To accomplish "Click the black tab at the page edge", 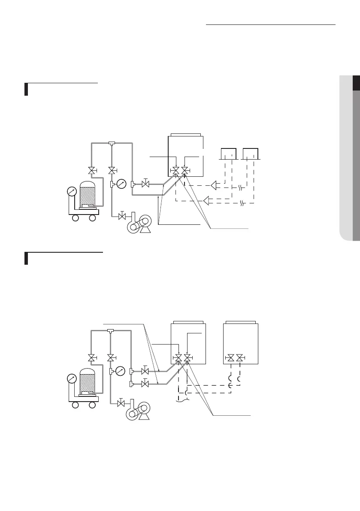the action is pyautogui.click(x=356, y=83).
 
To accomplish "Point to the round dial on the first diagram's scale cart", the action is pyautogui.click(x=72, y=191).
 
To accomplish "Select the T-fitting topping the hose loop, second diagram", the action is pyautogui.click(x=111, y=330).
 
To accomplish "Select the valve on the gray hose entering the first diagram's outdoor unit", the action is pyautogui.click(x=145, y=184).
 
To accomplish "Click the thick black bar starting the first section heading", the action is pyautogui.click(x=26, y=90).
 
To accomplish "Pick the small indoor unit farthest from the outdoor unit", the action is pyautogui.click(x=250, y=154).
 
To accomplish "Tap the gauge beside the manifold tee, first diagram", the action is pyautogui.click(x=121, y=184).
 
